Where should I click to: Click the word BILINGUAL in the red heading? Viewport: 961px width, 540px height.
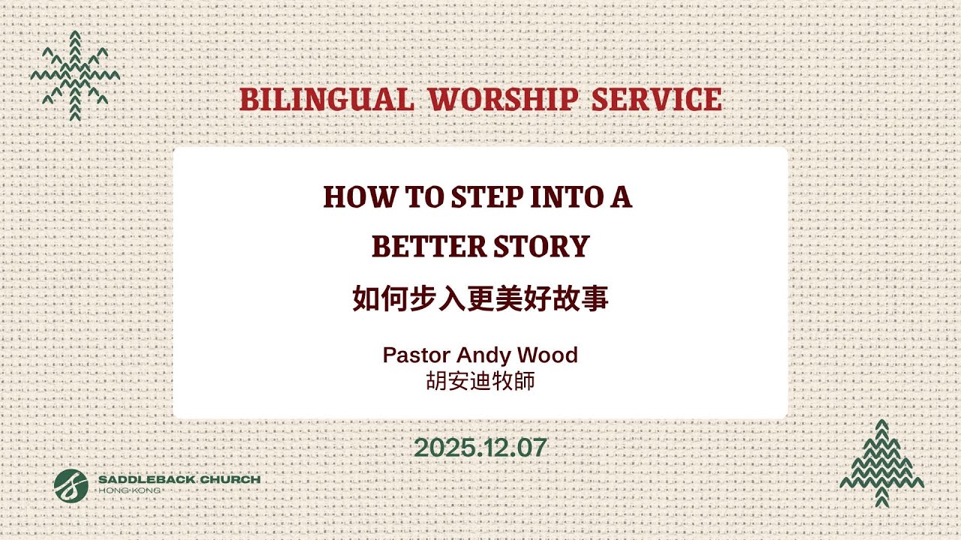tap(326, 100)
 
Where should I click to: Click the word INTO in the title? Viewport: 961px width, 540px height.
tap(568, 197)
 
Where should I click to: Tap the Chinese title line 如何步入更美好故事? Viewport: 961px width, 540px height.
tap(480, 298)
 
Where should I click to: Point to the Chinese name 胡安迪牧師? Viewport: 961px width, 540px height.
tap(480, 380)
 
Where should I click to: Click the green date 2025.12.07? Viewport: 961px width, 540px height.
tap(480, 448)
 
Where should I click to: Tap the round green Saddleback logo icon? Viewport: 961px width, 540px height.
tap(71, 485)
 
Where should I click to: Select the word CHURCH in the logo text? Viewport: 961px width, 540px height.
tap(232, 479)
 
